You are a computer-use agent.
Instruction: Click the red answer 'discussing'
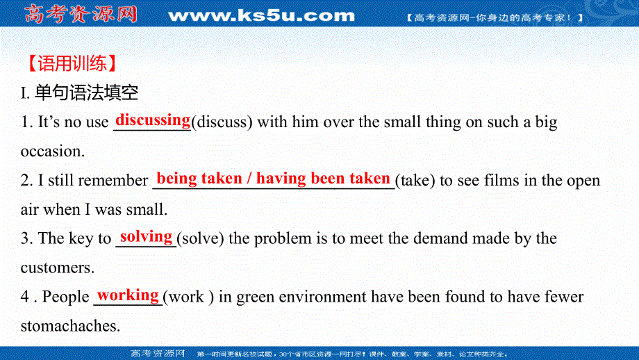(153, 120)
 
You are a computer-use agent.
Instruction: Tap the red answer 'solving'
(146, 236)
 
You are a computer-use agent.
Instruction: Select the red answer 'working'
(128, 295)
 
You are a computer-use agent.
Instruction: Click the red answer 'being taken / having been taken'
(273, 178)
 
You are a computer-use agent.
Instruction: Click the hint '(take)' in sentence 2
(415, 181)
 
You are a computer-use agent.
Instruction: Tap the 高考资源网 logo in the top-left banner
(80, 14)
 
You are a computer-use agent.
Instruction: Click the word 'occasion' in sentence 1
(50, 151)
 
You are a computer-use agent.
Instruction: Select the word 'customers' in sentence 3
(55, 268)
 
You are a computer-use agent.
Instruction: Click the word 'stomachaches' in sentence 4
(69, 326)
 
